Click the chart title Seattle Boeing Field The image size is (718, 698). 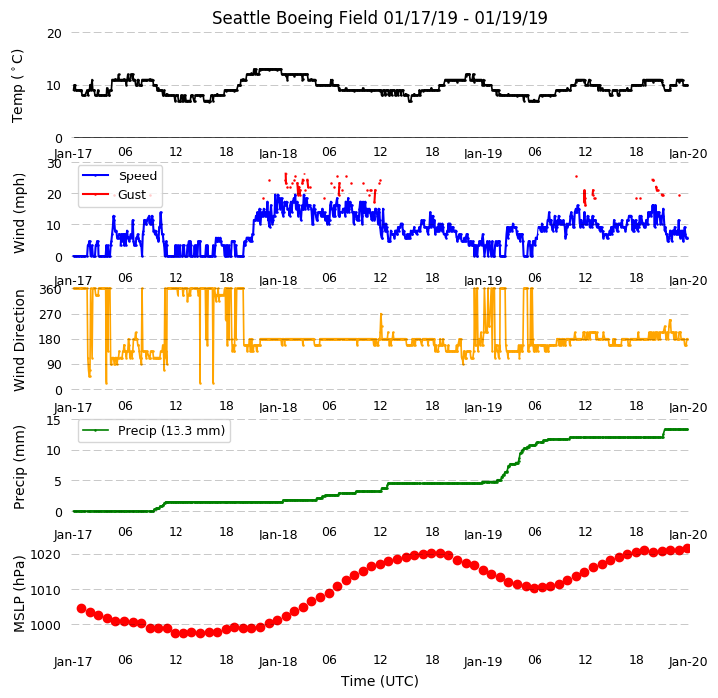pyautogui.click(x=295, y=18)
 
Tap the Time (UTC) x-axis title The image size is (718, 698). pyautogui.click(x=380, y=681)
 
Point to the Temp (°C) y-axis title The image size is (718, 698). pyautogui.click(x=17, y=86)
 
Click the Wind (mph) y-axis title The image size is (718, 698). pyautogui.click(x=19, y=213)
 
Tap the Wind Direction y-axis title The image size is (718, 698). pyautogui.click(x=19, y=340)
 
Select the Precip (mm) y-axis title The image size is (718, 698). pyautogui.click(x=19, y=467)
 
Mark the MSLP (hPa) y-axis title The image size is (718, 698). pyautogui.click(x=19, y=594)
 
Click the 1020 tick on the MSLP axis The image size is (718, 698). pyautogui.click(x=45, y=555)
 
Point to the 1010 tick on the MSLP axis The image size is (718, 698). pyautogui.click(x=45, y=591)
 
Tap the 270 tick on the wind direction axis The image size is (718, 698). pyautogui.click(x=51, y=315)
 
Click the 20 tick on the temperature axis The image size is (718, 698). pyautogui.click(x=54, y=34)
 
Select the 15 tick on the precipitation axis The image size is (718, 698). pyautogui.click(x=54, y=420)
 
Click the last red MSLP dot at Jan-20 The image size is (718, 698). pyautogui.click(x=687, y=549)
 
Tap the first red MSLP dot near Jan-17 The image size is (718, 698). pyautogui.click(x=81, y=608)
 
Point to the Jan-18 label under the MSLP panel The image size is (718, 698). pyautogui.click(x=278, y=662)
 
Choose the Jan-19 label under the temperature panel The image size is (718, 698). pyautogui.click(x=483, y=153)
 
